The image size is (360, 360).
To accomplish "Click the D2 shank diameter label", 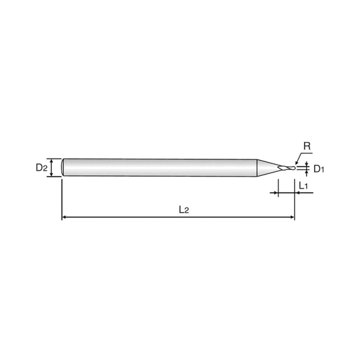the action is [x=41, y=168].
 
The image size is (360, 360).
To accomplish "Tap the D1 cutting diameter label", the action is [x=319, y=169].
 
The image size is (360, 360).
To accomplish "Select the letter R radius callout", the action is [x=307, y=146].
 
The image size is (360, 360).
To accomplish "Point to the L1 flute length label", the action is [x=303, y=185].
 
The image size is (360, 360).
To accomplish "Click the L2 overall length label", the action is [x=184, y=209].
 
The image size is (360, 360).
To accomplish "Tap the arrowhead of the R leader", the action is [x=297, y=163].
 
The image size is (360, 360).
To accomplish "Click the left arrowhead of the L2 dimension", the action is [x=64, y=217].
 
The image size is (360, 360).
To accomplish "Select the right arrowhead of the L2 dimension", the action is [x=292, y=217].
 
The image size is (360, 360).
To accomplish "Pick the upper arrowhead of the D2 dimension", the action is [x=51, y=161].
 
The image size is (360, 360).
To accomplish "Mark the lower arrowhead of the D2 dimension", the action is [x=51, y=175].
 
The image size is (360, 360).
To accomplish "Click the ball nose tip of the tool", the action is [x=294, y=168].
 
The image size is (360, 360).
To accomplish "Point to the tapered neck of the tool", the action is [x=268, y=168].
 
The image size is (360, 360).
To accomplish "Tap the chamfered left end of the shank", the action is [x=63, y=167].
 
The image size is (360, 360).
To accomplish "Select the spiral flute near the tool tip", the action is [x=285, y=168].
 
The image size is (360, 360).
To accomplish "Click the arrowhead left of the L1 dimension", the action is [x=276, y=193].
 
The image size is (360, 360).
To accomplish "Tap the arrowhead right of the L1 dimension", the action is [x=297, y=193].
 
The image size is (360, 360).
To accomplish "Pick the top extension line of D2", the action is [x=54, y=159].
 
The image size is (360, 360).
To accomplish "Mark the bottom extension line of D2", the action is [x=54, y=177].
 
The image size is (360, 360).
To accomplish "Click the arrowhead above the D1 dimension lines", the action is [x=307, y=165].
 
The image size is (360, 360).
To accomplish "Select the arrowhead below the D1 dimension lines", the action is [x=307, y=172].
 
